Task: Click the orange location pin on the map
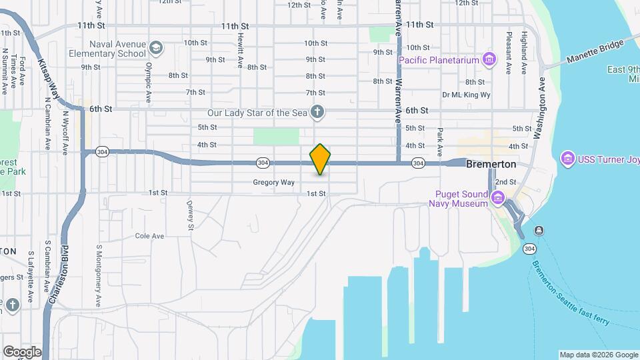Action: (x=321, y=159)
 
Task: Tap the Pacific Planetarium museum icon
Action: (x=490, y=60)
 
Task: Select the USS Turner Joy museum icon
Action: (x=568, y=159)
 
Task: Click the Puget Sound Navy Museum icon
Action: (x=497, y=198)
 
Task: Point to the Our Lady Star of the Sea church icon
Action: (x=318, y=112)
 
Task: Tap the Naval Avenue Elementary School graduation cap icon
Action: (x=156, y=48)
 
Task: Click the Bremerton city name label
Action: (x=491, y=163)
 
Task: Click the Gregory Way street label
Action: (x=273, y=182)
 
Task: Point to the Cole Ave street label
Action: (x=149, y=236)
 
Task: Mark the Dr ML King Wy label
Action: (x=466, y=95)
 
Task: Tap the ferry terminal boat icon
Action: (x=538, y=231)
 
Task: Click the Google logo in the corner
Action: (x=22, y=351)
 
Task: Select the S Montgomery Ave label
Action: (x=97, y=275)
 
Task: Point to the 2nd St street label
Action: (x=506, y=181)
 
